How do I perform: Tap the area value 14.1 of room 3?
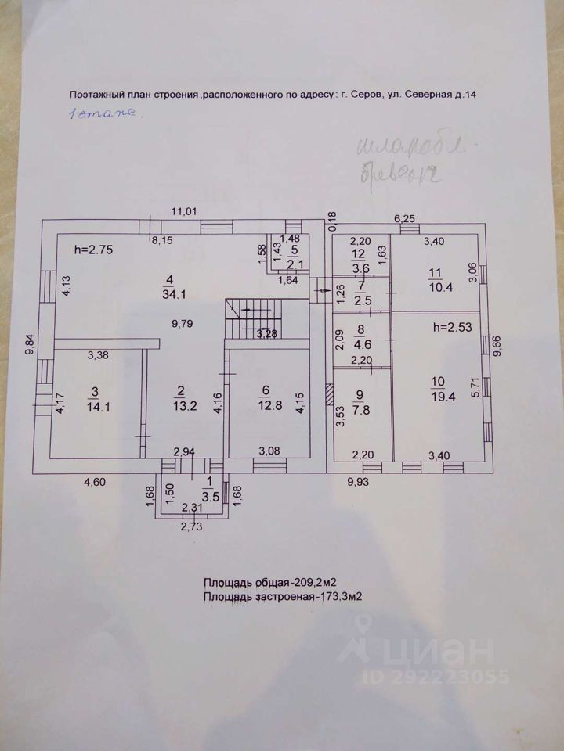tap(94, 405)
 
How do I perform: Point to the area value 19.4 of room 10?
tap(436, 397)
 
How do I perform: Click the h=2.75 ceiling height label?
tap(94, 250)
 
